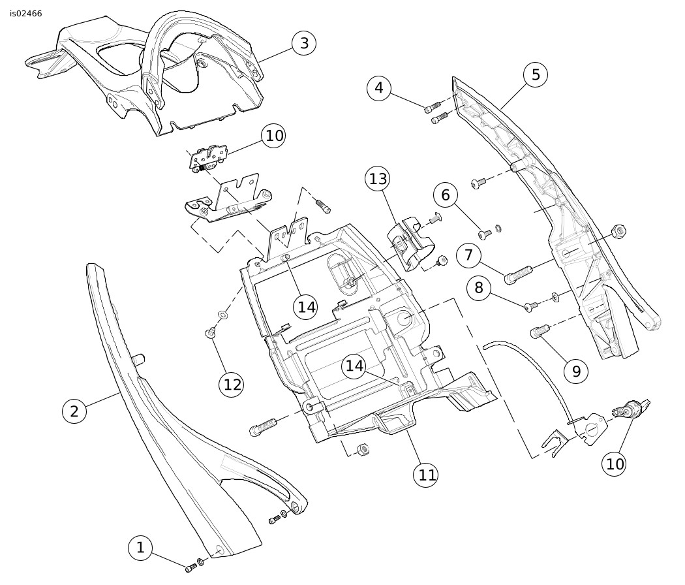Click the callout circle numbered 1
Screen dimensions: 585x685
click(x=140, y=548)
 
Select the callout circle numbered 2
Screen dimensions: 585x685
click(x=74, y=411)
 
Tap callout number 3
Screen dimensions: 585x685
click(x=303, y=44)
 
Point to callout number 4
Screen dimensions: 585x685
click(x=379, y=87)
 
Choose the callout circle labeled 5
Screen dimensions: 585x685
click(x=536, y=74)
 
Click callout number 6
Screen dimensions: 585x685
click(x=446, y=195)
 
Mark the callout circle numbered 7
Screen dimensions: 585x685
click(x=468, y=255)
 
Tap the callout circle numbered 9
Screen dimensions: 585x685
click(x=576, y=371)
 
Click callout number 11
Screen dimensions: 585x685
click(x=427, y=474)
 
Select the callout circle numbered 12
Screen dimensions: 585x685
click(x=232, y=384)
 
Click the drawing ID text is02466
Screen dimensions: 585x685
click(x=26, y=14)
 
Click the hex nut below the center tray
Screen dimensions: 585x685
click(x=364, y=450)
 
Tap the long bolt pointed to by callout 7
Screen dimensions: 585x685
click(x=519, y=273)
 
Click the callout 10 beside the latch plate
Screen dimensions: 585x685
click(x=274, y=136)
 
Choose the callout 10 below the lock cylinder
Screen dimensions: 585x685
click(x=615, y=464)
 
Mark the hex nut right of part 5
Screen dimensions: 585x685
click(x=620, y=230)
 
